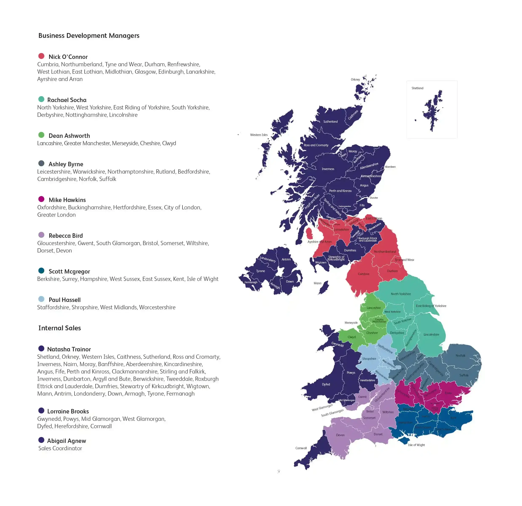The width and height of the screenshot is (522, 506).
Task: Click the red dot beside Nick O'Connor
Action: point(41,56)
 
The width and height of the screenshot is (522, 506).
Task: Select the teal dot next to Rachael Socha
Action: point(41,99)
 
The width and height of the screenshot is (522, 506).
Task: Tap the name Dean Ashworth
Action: point(69,136)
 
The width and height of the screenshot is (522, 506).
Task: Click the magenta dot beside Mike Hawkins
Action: point(41,199)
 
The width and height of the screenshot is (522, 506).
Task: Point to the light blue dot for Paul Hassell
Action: point(41,299)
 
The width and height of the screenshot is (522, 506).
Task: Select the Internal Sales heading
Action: point(59,328)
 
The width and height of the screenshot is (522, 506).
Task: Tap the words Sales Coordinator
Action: point(60,448)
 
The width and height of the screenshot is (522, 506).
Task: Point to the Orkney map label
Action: point(355,80)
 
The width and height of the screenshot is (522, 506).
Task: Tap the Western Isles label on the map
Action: point(259,135)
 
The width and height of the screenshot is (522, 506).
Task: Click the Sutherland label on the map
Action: point(330,122)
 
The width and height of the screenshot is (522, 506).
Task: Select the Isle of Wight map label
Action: point(416,445)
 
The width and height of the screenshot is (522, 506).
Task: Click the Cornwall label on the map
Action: point(301,448)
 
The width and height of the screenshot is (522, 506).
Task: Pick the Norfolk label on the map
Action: point(460,356)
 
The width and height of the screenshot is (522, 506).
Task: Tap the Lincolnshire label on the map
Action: point(431,335)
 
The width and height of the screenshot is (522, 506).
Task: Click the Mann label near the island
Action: point(317,283)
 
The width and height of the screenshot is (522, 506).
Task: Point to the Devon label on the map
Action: point(340,435)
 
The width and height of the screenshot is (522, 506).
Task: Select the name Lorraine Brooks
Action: point(68,412)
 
